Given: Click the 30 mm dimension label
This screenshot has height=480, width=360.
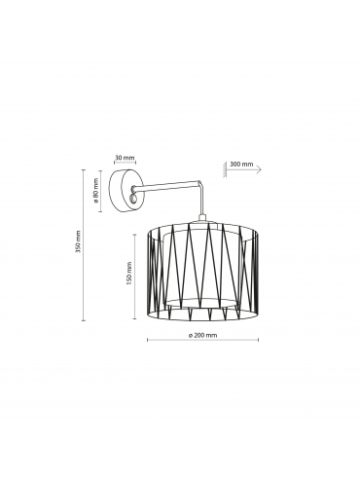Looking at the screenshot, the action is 125,158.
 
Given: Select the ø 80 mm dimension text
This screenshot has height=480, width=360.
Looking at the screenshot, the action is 96,190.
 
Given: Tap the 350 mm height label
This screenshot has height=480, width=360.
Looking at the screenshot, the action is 78,241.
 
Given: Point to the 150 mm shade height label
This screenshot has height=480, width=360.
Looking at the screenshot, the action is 129,274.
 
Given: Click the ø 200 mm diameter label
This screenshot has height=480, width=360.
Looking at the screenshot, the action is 202,335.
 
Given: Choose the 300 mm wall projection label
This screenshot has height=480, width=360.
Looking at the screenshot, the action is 241,164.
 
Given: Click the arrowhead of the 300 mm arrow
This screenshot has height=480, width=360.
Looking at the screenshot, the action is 259,169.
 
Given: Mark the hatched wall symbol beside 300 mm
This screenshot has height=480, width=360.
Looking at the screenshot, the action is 225,169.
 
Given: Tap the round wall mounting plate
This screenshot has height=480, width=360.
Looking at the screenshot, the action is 126,191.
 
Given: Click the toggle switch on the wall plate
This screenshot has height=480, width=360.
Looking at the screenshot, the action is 132,199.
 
